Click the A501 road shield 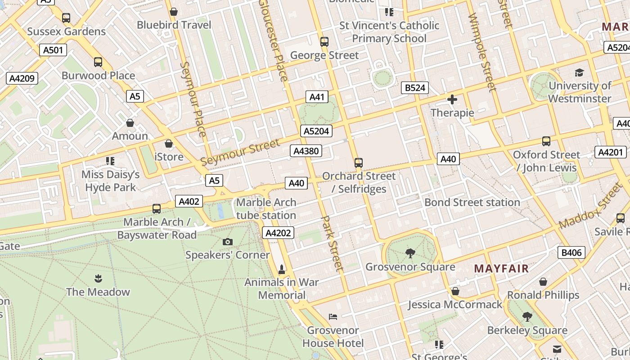(53, 50)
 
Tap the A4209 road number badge (22, 78)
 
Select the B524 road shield (415, 88)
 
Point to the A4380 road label (306, 151)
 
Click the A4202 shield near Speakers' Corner (279, 233)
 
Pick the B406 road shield (571, 252)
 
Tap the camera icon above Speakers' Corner (228, 242)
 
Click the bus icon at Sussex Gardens (66, 18)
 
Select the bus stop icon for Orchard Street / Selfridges (359, 162)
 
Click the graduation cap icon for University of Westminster (579, 72)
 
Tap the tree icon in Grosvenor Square (410, 253)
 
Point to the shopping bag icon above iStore (169, 144)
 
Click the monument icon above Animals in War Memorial (282, 269)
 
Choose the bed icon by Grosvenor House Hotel (333, 317)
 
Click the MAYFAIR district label (501, 269)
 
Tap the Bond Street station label (472, 202)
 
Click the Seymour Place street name (193, 99)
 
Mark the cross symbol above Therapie (452, 99)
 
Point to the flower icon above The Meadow (98, 279)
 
